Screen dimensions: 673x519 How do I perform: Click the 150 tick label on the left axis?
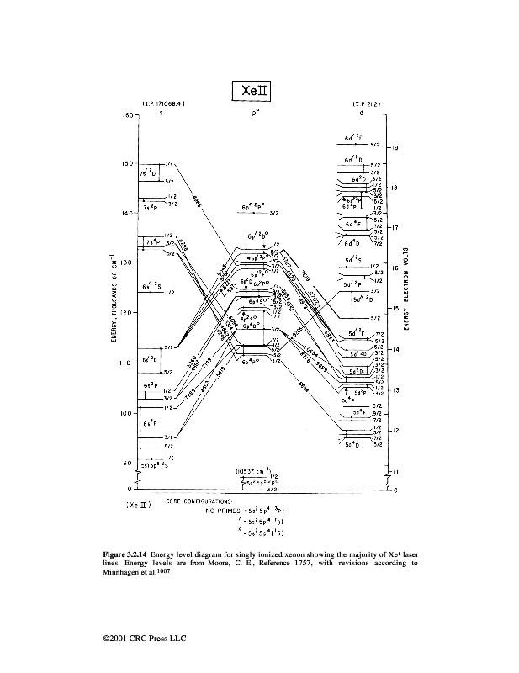(127, 164)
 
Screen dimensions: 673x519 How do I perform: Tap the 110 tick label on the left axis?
(127, 363)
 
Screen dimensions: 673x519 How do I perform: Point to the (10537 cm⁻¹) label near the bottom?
(253, 470)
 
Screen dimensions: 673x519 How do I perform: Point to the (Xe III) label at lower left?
(136, 505)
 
